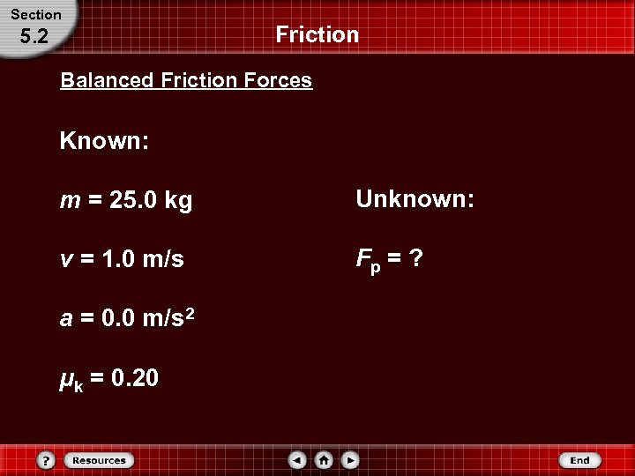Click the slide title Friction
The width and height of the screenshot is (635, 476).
(317, 35)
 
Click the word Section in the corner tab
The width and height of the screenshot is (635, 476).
(36, 14)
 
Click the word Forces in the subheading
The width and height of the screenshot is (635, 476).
(280, 80)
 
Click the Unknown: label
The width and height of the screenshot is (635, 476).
(415, 200)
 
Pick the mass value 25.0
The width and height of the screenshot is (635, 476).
(131, 201)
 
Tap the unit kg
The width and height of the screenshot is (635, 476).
(178, 202)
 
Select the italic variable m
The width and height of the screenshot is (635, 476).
(67, 202)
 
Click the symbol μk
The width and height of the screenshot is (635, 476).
(69, 380)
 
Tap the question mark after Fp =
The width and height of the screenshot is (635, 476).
(414, 260)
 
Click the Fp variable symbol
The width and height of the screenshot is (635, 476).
(365, 262)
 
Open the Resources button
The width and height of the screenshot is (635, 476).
(99, 460)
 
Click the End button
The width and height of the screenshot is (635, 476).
(579, 460)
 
